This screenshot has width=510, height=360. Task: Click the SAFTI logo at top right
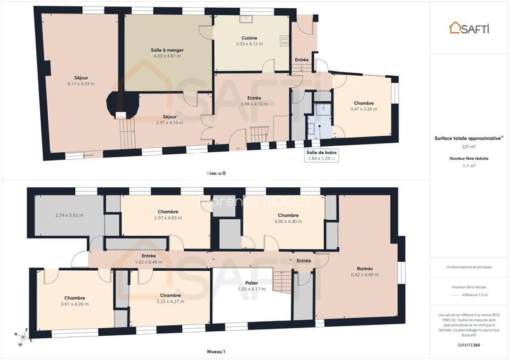point(470,27)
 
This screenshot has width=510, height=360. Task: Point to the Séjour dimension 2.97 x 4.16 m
point(169,122)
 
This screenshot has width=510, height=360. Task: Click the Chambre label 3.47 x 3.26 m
point(363,109)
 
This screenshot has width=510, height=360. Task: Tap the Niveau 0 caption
point(215,173)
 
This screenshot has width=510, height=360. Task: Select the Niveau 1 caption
point(215,351)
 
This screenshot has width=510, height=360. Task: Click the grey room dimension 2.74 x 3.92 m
point(69,215)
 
